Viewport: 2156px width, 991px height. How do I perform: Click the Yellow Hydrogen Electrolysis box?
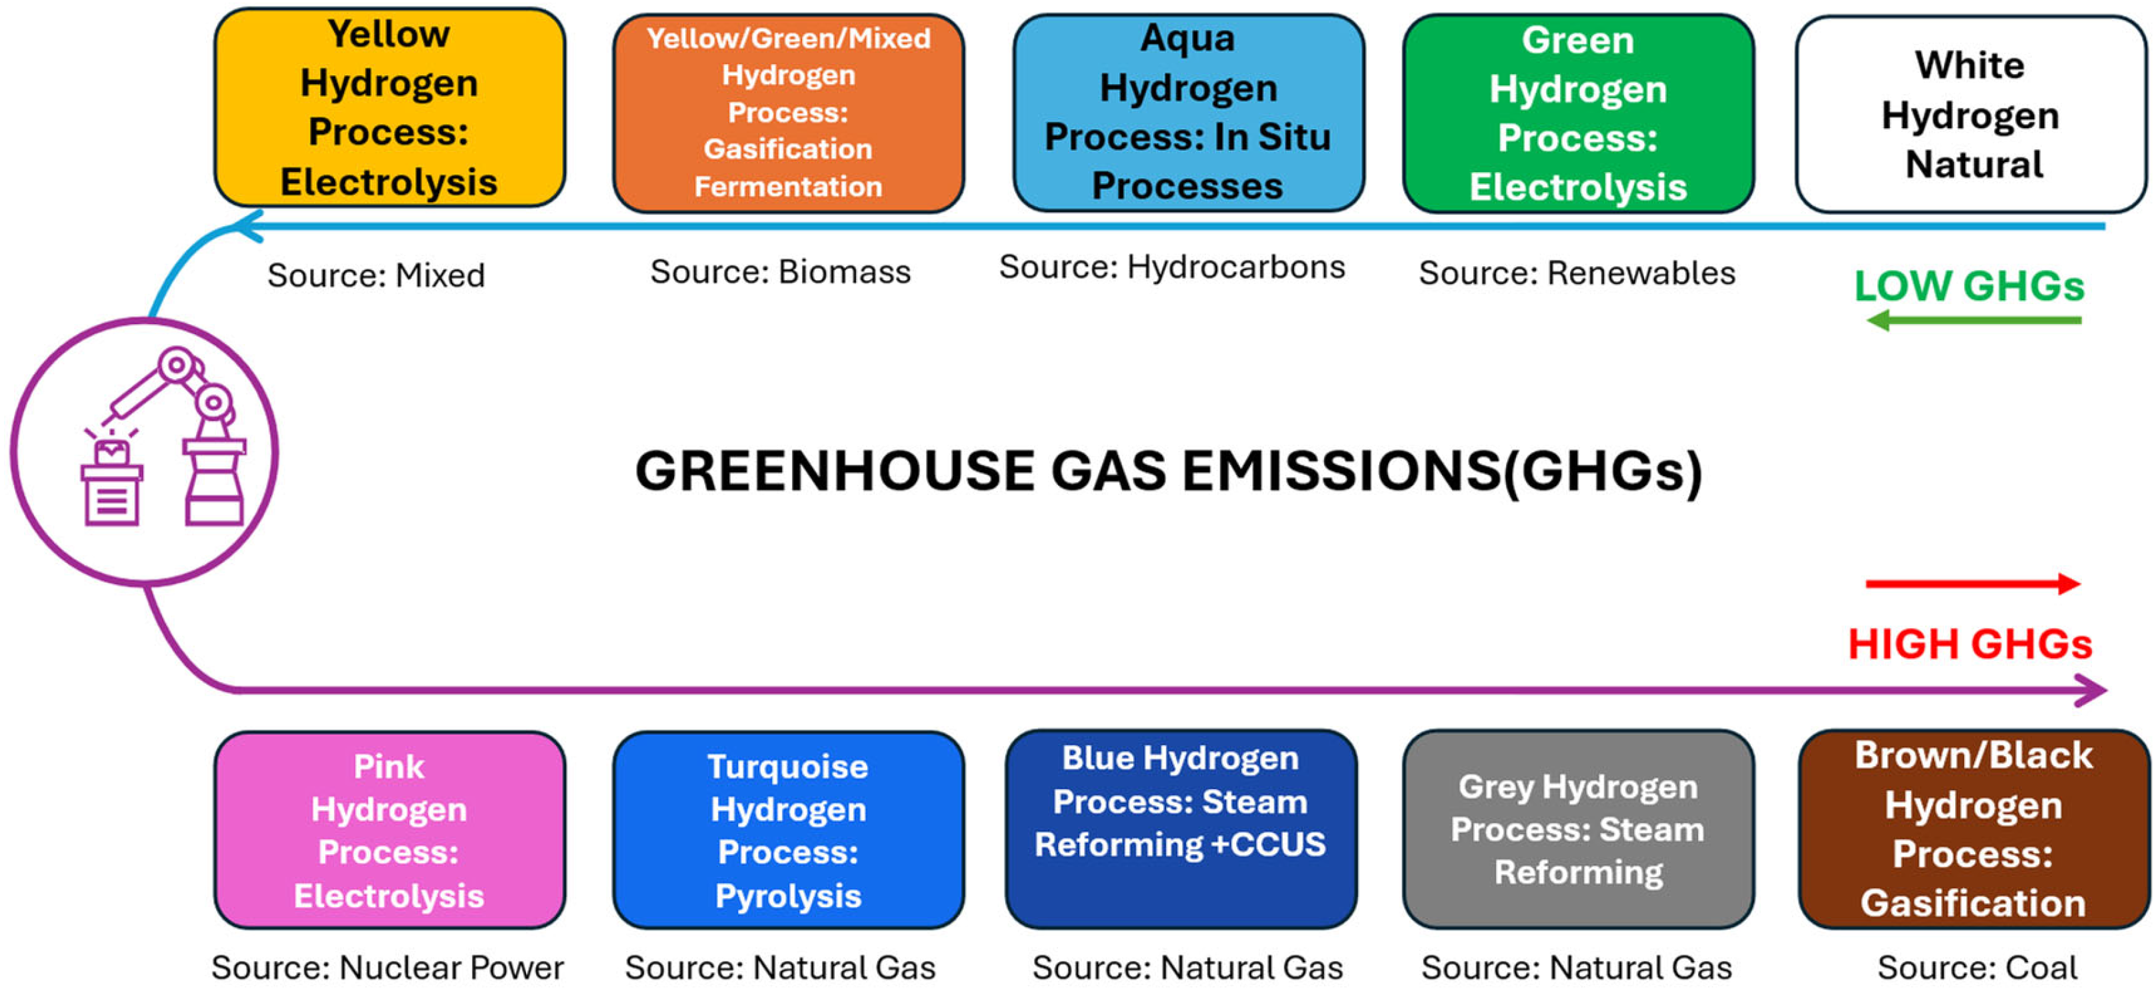tap(389, 108)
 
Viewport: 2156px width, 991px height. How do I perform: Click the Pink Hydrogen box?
tap(389, 830)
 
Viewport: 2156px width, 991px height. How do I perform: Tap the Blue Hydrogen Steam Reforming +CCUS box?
tap(1180, 829)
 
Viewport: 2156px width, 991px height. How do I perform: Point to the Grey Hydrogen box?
tap(1577, 829)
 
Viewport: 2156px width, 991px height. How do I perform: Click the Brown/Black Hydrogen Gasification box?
tap(1973, 829)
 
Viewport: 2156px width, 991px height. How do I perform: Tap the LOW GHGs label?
tap(1969, 286)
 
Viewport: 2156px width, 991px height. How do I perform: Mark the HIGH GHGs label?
tap(1969, 644)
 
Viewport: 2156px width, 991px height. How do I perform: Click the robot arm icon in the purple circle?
tap(163, 439)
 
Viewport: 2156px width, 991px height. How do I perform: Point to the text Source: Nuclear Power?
tap(387, 968)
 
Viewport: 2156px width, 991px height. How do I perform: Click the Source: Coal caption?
tap(1977, 968)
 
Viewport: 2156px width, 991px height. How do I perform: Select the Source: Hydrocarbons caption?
tap(1172, 267)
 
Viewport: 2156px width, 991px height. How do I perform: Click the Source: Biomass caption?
tap(780, 272)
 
